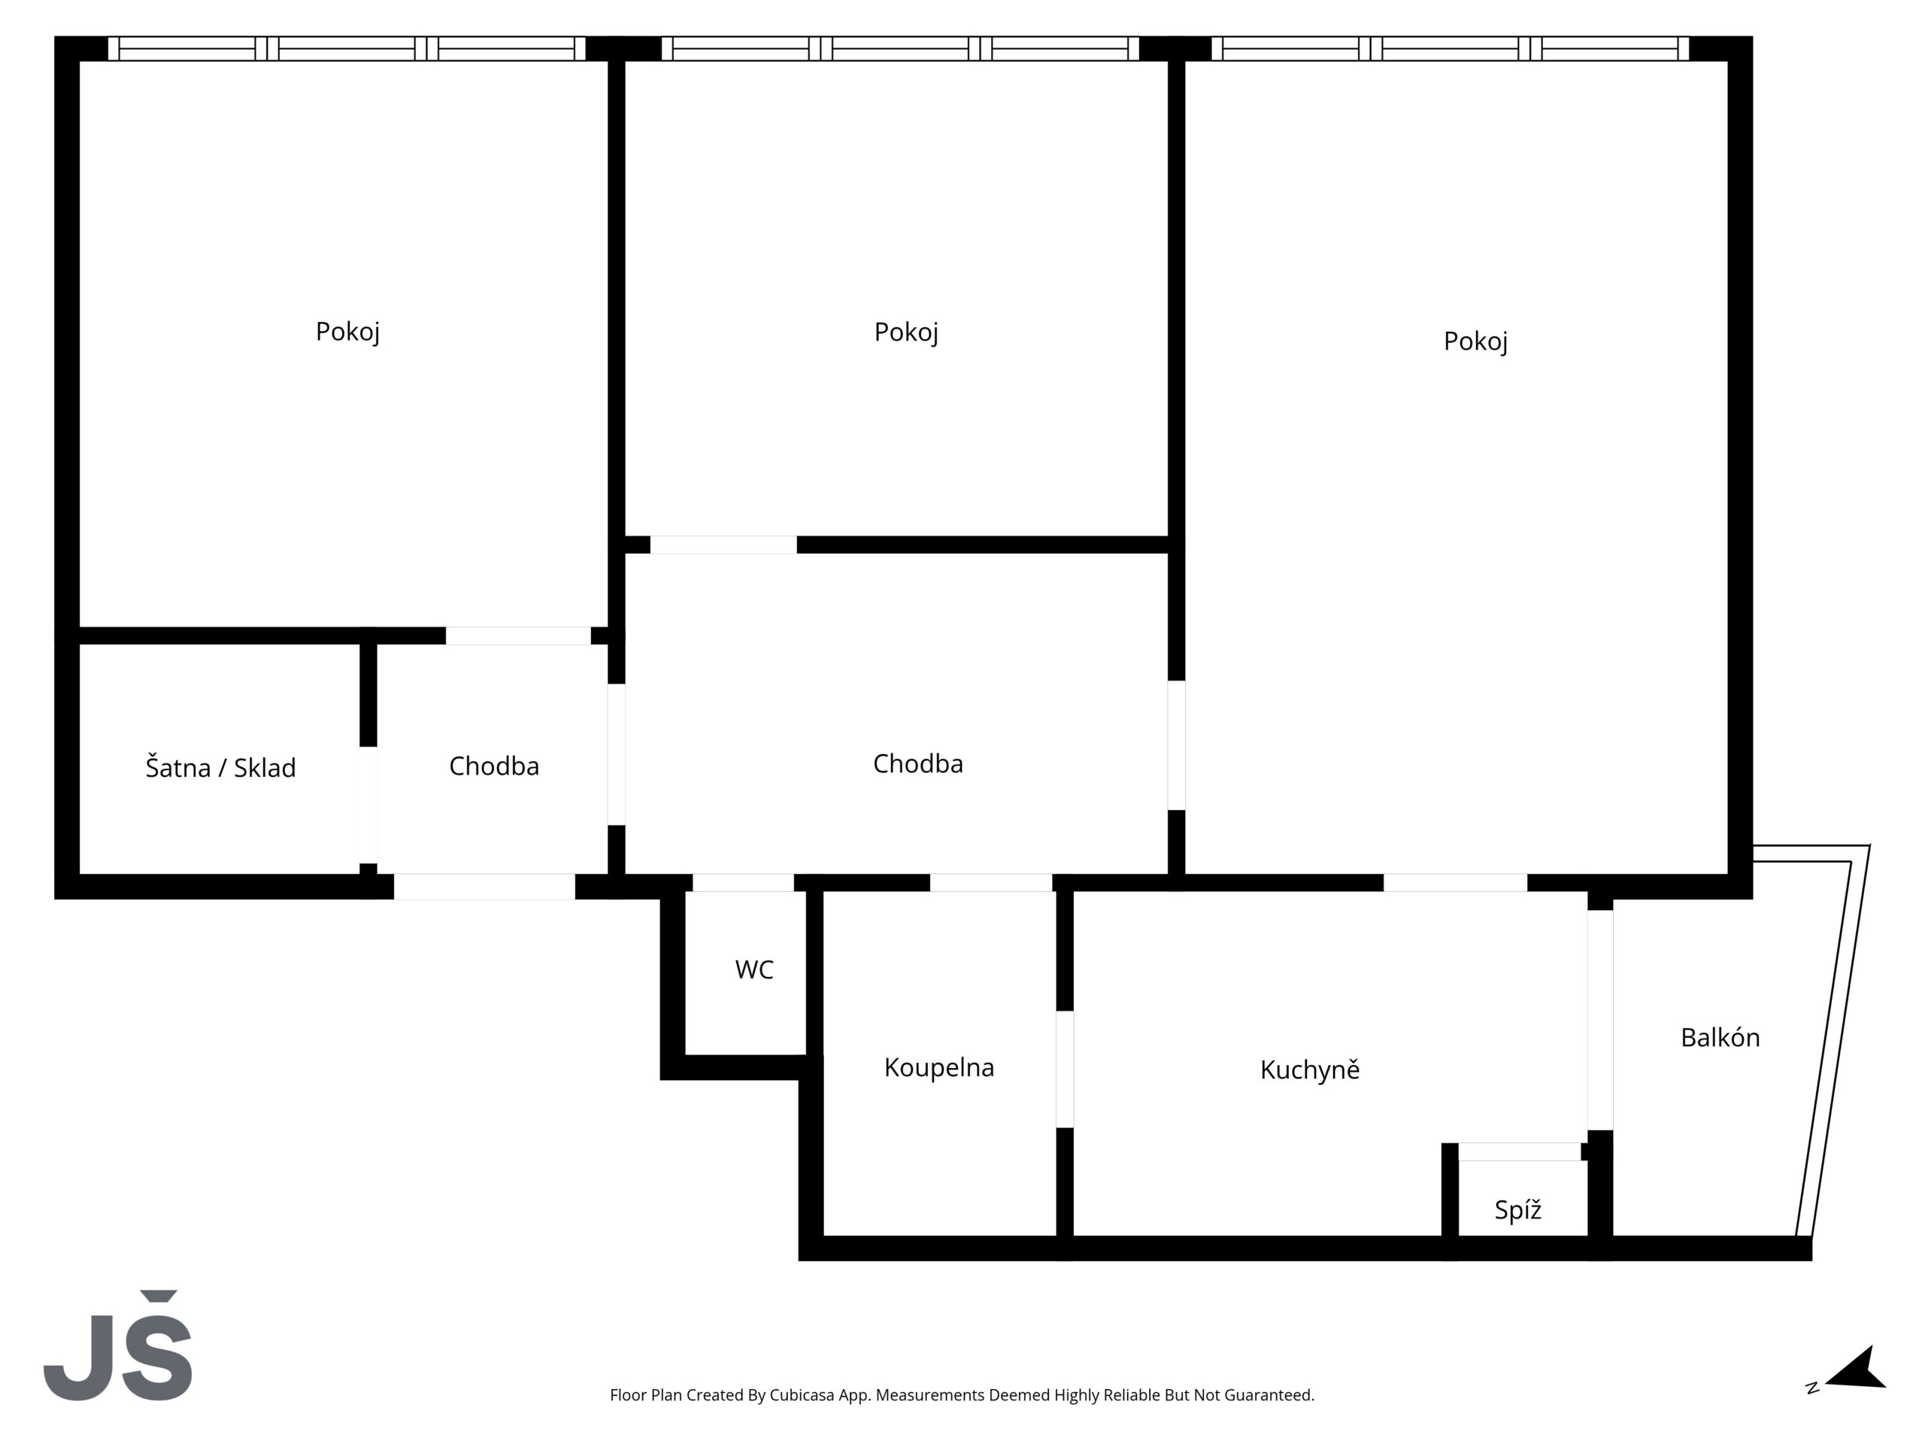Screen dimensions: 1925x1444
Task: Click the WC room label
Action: click(753, 969)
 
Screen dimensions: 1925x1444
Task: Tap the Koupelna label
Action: click(939, 1068)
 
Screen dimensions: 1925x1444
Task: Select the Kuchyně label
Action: click(1310, 1069)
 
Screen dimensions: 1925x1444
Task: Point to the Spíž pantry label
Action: click(1517, 1210)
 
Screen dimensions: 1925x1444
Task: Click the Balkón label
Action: click(1720, 1038)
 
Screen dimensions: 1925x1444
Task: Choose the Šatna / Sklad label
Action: click(220, 768)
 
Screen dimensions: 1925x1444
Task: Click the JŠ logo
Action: click(117, 1345)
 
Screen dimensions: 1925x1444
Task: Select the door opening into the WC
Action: click(743, 883)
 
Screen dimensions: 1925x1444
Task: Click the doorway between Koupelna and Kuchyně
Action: click(1064, 1069)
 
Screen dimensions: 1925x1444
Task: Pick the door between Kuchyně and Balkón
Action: click(1599, 1020)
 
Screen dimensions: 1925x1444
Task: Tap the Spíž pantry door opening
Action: click(1520, 1151)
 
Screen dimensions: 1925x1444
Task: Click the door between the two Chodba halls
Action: click(616, 754)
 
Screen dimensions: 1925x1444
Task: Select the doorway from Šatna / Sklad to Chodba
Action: click(368, 805)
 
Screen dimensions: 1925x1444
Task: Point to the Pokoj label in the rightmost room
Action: click(1475, 341)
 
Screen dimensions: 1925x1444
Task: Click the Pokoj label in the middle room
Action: click(906, 332)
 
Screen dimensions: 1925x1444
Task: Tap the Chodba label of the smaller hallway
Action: click(493, 766)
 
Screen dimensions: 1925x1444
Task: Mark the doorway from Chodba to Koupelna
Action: click(991, 883)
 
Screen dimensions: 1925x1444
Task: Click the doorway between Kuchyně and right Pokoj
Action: click(1455, 883)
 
